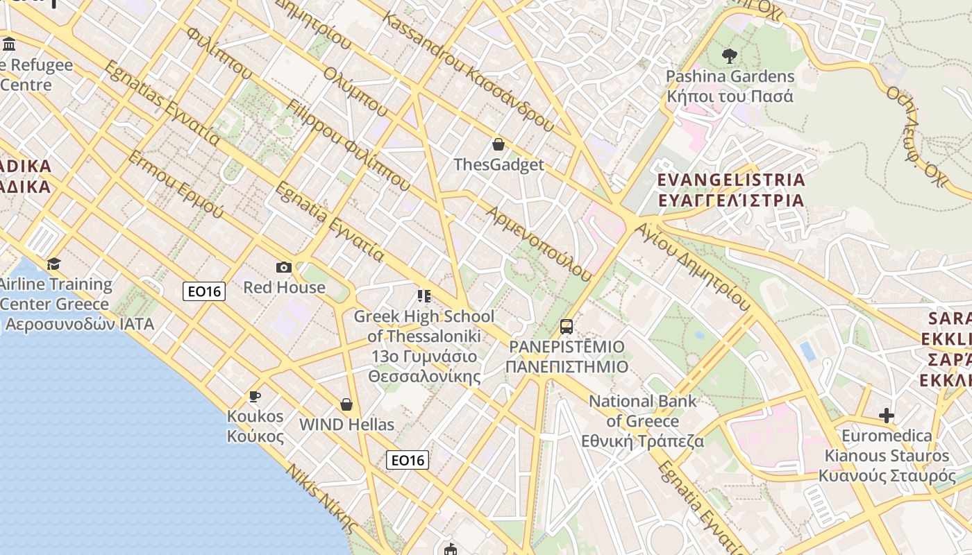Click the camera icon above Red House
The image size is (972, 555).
[283, 267]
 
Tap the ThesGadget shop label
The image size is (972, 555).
[498, 165]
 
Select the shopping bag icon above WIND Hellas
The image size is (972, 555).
[346, 404]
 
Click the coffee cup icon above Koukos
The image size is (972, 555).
[255, 396]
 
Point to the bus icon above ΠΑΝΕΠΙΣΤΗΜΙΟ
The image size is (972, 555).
[567, 326]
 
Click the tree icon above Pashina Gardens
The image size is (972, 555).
[729, 55]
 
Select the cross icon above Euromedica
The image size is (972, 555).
[886, 416]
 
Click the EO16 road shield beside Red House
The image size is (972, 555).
[204, 291]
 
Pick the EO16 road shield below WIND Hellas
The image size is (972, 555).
[408, 460]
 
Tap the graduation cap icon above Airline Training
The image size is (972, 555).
[53, 264]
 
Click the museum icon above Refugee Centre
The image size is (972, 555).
[9, 45]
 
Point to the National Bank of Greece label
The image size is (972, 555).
[642, 421]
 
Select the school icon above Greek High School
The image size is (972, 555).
[424, 296]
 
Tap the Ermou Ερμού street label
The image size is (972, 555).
[175, 184]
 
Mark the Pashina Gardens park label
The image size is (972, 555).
[730, 86]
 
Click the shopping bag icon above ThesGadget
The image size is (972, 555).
[498, 144]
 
